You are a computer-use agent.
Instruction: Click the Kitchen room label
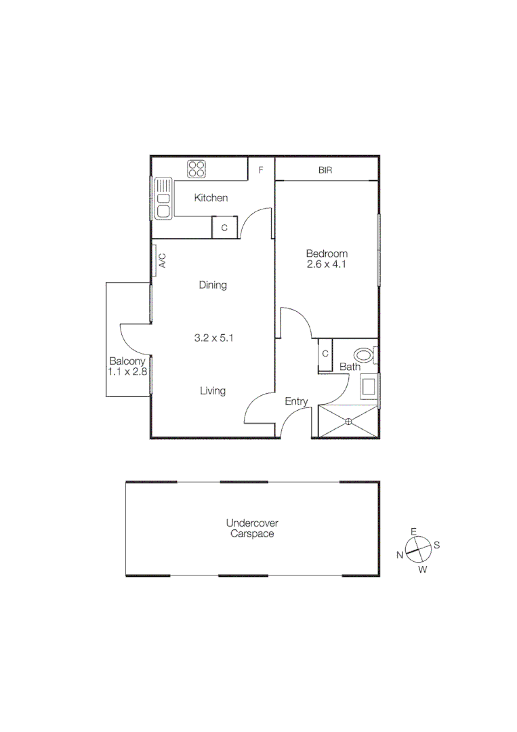click(x=211, y=198)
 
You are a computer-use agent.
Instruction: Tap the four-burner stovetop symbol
click(x=197, y=169)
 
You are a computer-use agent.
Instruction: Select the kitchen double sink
click(x=163, y=198)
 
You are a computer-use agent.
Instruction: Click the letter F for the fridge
click(x=261, y=169)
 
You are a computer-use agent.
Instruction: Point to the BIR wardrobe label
click(x=325, y=170)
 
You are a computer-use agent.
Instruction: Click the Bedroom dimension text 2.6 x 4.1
click(x=327, y=265)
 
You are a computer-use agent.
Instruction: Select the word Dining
click(x=213, y=285)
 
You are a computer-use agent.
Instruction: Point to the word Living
click(x=213, y=390)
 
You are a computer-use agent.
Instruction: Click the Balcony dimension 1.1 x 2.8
click(x=127, y=371)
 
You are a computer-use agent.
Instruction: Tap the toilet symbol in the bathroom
click(x=365, y=354)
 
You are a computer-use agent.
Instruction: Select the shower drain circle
click(x=349, y=422)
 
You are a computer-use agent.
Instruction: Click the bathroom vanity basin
click(x=369, y=387)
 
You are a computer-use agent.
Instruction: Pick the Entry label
click(x=296, y=401)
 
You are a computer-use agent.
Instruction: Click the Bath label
click(x=350, y=367)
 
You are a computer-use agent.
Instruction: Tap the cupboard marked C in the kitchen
click(x=224, y=228)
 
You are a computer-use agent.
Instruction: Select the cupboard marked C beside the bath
click(x=325, y=354)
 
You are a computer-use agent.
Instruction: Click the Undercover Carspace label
click(x=252, y=529)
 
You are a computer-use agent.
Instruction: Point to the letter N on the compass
click(x=400, y=555)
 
